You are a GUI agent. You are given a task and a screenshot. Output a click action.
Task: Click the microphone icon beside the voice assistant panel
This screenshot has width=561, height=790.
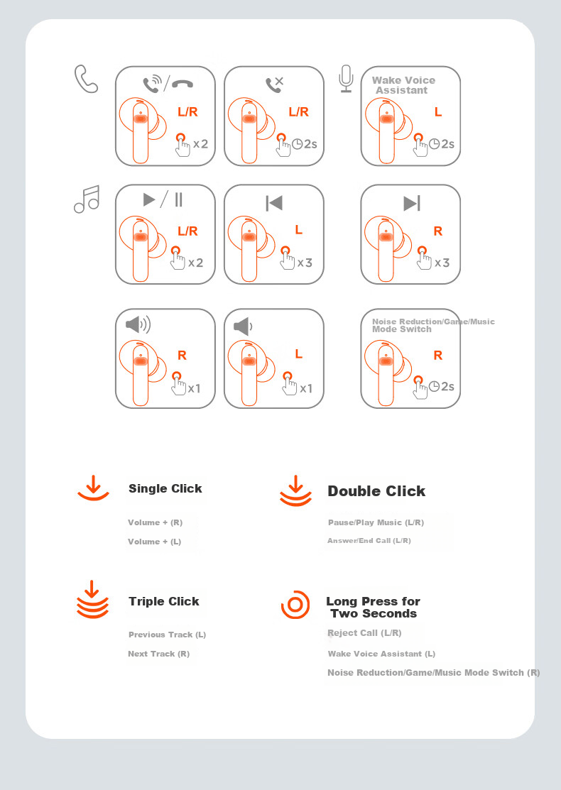[x=346, y=79]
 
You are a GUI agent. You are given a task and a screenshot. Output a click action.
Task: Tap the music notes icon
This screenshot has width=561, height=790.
[x=87, y=199]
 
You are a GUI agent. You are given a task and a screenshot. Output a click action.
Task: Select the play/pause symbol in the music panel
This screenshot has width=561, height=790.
[x=163, y=199]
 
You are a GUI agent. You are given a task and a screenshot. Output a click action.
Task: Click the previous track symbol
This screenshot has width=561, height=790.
[x=274, y=203]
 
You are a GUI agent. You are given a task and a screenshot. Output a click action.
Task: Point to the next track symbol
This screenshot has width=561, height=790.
[x=412, y=203]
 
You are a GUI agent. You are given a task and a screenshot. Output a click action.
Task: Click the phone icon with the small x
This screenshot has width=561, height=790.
[x=274, y=84]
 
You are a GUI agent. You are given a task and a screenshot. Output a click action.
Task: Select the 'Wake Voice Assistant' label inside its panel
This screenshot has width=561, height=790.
[x=403, y=85]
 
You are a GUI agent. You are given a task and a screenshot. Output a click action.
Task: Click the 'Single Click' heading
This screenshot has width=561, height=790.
[x=165, y=488]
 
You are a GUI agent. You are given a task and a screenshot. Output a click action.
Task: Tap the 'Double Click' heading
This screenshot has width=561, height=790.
[x=376, y=491]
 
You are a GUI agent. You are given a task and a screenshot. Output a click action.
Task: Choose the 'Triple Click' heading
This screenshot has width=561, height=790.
[x=164, y=601]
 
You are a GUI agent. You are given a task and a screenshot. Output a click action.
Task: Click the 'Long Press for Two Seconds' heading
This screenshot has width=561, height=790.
[x=373, y=607]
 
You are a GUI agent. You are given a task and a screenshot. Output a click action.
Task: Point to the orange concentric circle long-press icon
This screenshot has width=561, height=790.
[x=295, y=605]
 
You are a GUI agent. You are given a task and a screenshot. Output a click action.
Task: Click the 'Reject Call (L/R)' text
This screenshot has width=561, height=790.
[x=364, y=633]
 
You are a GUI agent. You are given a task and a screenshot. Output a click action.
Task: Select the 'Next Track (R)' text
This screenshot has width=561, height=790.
[x=159, y=654]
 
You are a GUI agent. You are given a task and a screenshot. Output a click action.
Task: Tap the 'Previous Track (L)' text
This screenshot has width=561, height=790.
[x=168, y=635]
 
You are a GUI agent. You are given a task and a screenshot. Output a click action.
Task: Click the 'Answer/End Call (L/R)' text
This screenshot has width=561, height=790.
[x=369, y=541]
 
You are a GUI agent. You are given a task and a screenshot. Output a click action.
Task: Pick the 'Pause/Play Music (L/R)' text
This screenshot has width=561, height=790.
[x=376, y=522]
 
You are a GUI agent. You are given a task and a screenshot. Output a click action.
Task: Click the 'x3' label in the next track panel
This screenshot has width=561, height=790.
[x=442, y=263]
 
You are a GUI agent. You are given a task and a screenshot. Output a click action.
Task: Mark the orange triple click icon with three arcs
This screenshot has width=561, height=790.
[x=92, y=600]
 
